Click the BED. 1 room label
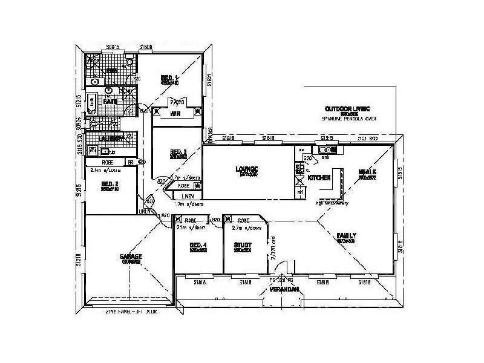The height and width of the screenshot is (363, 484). (169, 77)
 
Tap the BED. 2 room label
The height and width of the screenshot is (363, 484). (109, 183)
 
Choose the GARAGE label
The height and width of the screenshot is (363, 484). (131, 257)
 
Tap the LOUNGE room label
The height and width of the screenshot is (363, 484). (247, 169)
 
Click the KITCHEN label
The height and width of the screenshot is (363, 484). (318, 178)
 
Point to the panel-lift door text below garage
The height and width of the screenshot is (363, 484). (131, 312)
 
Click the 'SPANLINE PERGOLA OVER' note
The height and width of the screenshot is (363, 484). (349, 119)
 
